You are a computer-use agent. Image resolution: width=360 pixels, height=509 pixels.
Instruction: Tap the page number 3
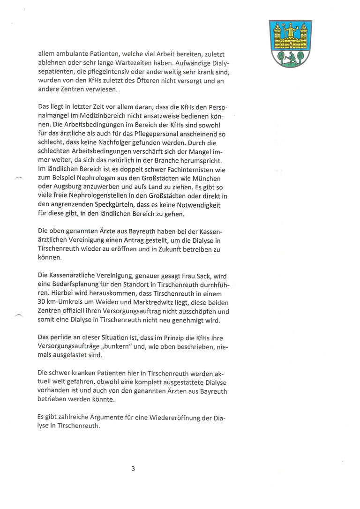[133, 468]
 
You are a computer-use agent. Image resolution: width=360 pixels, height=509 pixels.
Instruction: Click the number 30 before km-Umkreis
[42, 302]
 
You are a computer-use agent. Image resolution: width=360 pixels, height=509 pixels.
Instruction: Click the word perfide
[64, 338]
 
